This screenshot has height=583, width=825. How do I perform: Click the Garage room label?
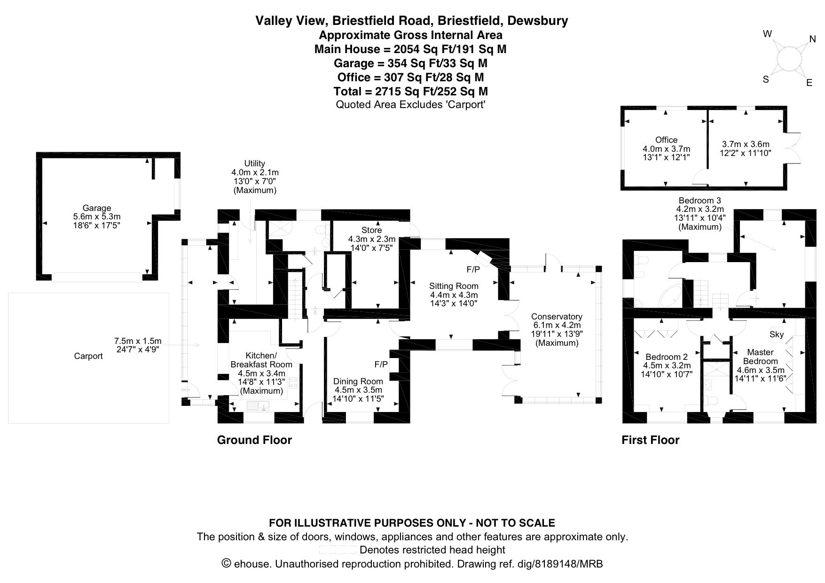[97, 208]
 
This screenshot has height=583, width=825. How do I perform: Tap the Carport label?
[88, 356]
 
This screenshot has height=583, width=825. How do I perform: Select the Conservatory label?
[557, 317]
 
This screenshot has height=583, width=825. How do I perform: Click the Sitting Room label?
[454, 286]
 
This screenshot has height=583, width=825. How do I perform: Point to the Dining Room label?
[358, 381]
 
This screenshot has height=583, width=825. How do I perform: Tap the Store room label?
[371, 230]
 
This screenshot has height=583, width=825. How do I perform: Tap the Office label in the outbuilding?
[666, 140]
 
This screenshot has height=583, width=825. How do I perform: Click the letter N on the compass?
[812, 39]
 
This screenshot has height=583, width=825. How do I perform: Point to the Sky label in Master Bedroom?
[777, 334]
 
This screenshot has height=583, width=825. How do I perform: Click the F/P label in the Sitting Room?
[473, 270]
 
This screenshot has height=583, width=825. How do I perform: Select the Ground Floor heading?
[254, 440]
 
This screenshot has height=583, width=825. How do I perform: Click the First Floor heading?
[650, 440]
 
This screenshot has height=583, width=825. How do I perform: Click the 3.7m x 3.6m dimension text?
[746, 144]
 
